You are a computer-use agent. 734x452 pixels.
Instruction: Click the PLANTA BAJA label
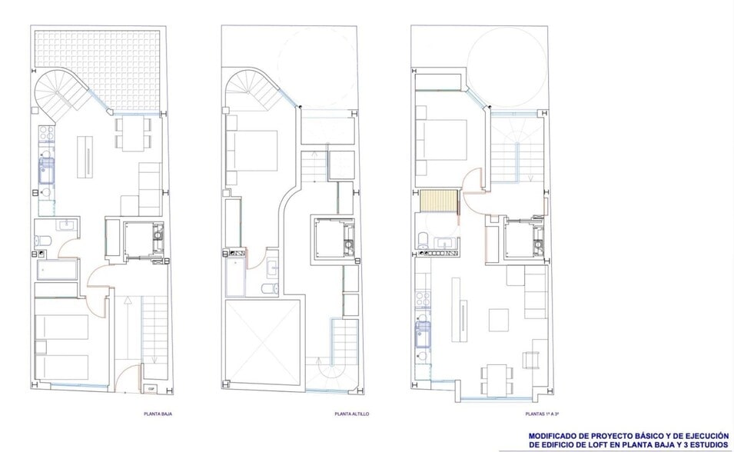tap(158, 414)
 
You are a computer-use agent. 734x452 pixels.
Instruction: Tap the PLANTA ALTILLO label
tap(351, 414)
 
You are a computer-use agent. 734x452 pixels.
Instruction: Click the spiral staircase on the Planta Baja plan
tap(61, 94)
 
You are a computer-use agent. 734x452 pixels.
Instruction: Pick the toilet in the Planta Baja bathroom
tap(42, 242)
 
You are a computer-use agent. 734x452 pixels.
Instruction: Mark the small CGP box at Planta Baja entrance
tap(151, 389)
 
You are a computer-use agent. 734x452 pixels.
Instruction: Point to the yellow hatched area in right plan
tap(440, 203)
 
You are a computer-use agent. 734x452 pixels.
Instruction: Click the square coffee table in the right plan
tap(498, 317)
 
